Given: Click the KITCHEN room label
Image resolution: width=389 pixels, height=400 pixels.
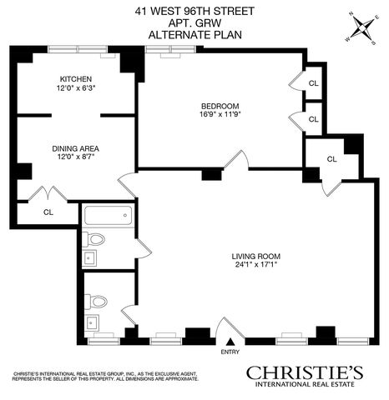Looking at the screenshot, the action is (x=76, y=79).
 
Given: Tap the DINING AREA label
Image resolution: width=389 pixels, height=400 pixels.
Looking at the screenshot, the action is (x=76, y=148).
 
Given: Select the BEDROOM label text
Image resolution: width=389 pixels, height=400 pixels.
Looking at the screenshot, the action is (x=220, y=107).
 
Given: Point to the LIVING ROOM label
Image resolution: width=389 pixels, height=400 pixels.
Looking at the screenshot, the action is (x=256, y=257).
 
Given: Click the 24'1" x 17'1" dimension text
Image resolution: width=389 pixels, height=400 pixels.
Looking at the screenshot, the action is (x=256, y=264).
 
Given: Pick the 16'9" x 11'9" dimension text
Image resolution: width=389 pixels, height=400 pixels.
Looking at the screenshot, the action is (x=220, y=114).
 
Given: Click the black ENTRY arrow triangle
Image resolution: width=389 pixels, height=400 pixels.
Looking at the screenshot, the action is (x=230, y=342).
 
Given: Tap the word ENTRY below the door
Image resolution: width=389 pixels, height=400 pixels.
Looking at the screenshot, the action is (x=230, y=352).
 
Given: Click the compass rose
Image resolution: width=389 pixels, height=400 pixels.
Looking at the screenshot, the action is (x=362, y=28).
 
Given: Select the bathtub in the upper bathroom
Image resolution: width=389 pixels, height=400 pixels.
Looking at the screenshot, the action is (x=108, y=216).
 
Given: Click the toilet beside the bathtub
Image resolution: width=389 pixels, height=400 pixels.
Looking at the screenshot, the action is (x=93, y=239).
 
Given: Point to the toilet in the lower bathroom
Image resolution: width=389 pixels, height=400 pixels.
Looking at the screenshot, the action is (x=96, y=302).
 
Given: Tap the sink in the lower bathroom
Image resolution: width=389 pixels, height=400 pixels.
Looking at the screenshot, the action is (x=91, y=322).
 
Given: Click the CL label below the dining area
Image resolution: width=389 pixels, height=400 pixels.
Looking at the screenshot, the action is (x=48, y=212).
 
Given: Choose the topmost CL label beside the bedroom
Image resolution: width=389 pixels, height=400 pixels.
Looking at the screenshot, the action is (x=314, y=83).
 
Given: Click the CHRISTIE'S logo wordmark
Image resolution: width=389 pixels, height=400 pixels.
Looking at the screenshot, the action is (x=305, y=372).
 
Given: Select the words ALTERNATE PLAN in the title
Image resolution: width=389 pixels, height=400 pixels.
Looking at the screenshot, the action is (x=195, y=35).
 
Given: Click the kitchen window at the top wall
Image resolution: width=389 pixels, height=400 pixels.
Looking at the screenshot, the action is (x=78, y=49).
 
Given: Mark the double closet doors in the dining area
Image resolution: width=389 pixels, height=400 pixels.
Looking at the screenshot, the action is (x=48, y=193).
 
